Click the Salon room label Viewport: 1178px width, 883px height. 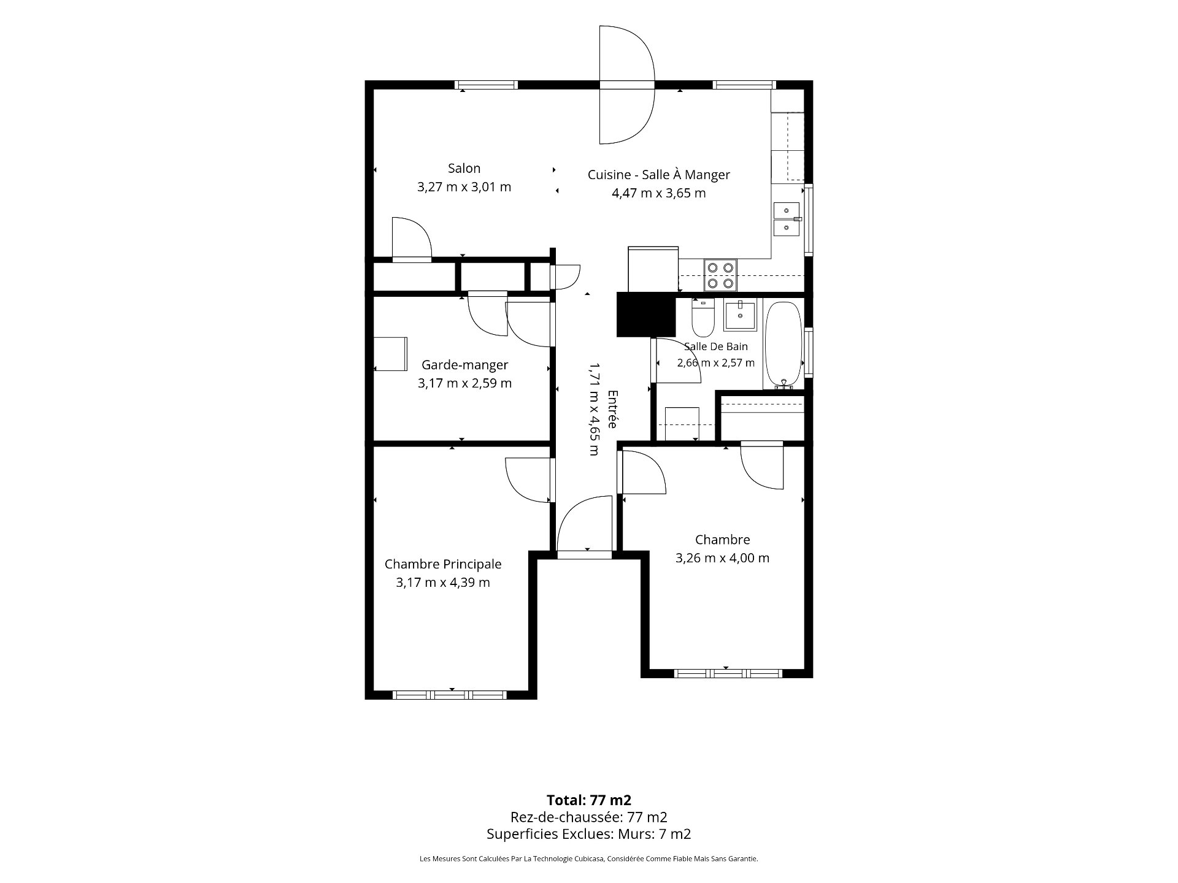464,168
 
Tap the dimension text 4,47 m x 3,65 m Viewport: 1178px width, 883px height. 658,193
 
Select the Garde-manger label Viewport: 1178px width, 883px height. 464,365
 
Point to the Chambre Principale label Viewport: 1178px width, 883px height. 443,564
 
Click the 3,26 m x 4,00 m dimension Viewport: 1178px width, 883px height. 722,558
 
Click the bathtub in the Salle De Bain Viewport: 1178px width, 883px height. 783,345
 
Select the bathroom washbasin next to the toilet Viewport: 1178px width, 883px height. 740,315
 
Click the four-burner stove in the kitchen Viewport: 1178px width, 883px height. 720,275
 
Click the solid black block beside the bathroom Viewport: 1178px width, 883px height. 645,315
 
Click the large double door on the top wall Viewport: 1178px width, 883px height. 627,85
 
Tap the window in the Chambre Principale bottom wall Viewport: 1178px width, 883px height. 450,695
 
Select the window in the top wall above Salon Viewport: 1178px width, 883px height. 486,85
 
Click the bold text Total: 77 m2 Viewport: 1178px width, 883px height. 589,800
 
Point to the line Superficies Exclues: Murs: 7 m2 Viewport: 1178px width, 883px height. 589,834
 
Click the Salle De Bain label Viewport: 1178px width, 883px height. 716,346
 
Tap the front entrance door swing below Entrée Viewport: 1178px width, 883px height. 585,524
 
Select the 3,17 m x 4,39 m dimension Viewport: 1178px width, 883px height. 443,583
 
